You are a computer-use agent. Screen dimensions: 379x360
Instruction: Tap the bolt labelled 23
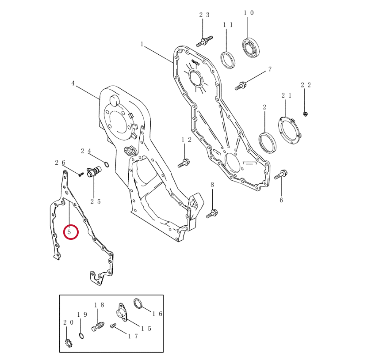[204, 41]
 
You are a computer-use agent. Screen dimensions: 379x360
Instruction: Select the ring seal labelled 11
[228, 60]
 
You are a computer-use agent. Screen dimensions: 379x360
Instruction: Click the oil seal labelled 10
[251, 48]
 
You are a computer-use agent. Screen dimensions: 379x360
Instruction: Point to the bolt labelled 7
[241, 86]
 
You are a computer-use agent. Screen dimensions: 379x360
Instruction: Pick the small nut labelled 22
[305, 114]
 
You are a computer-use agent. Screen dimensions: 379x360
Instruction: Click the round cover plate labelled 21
[290, 131]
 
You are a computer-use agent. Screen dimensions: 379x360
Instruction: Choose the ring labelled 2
[267, 143]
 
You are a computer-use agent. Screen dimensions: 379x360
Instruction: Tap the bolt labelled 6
[281, 174]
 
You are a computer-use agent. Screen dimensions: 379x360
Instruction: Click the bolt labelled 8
[212, 214]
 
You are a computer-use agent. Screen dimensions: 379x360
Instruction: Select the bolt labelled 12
[184, 163]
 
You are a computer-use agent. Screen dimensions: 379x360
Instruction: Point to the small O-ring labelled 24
[106, 164]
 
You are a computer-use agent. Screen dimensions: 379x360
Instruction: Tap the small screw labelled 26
[81, 174]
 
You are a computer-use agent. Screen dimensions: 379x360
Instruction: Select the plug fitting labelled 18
[98, 326]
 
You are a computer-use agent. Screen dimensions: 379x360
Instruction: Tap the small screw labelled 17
[113, 326]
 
